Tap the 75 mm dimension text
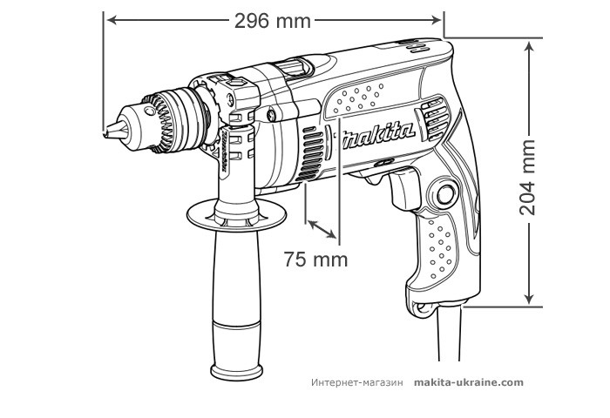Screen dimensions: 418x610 (x=315, y=259)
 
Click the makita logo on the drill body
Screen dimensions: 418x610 (x=377, y=135)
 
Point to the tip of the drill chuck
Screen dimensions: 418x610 (x=108, y=132)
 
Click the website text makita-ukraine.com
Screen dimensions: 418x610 (x=469, y=382)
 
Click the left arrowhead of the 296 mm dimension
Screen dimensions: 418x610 (x=110, y=18)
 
